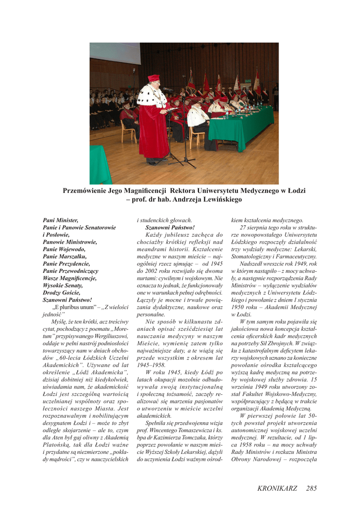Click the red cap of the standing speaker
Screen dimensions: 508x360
coord(153,78)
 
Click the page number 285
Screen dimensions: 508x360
coord(311,488)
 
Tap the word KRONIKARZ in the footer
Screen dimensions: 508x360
coord(277,488)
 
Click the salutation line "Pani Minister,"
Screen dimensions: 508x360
coord(61,220)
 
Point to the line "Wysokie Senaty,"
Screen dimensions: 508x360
coord(63,285)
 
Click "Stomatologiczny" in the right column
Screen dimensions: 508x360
coord(255,256)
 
